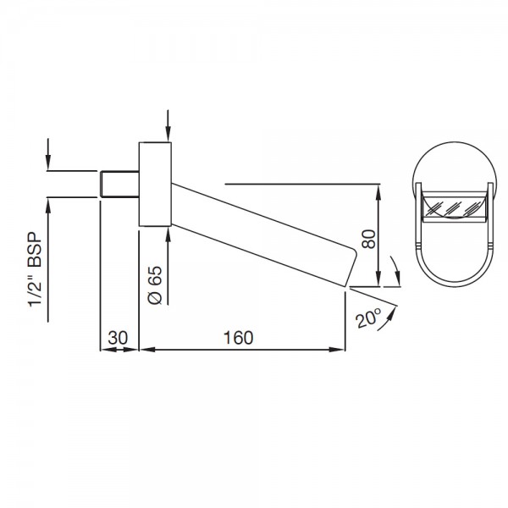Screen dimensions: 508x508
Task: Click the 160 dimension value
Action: coord(238,338)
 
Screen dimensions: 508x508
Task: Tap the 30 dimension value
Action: coord(118,338)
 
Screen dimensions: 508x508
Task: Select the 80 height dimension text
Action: coord(368,239)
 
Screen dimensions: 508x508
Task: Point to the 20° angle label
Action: coord(368,317)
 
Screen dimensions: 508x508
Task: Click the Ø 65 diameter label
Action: coord(155,285)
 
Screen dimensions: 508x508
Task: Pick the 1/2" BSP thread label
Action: coord(35,269)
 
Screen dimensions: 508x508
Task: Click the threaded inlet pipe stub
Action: coord(119,184)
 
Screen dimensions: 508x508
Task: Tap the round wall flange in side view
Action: coord(155,184)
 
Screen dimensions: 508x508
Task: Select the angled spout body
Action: coord(262,235)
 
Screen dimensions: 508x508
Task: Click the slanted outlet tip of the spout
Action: coord(351,268)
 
